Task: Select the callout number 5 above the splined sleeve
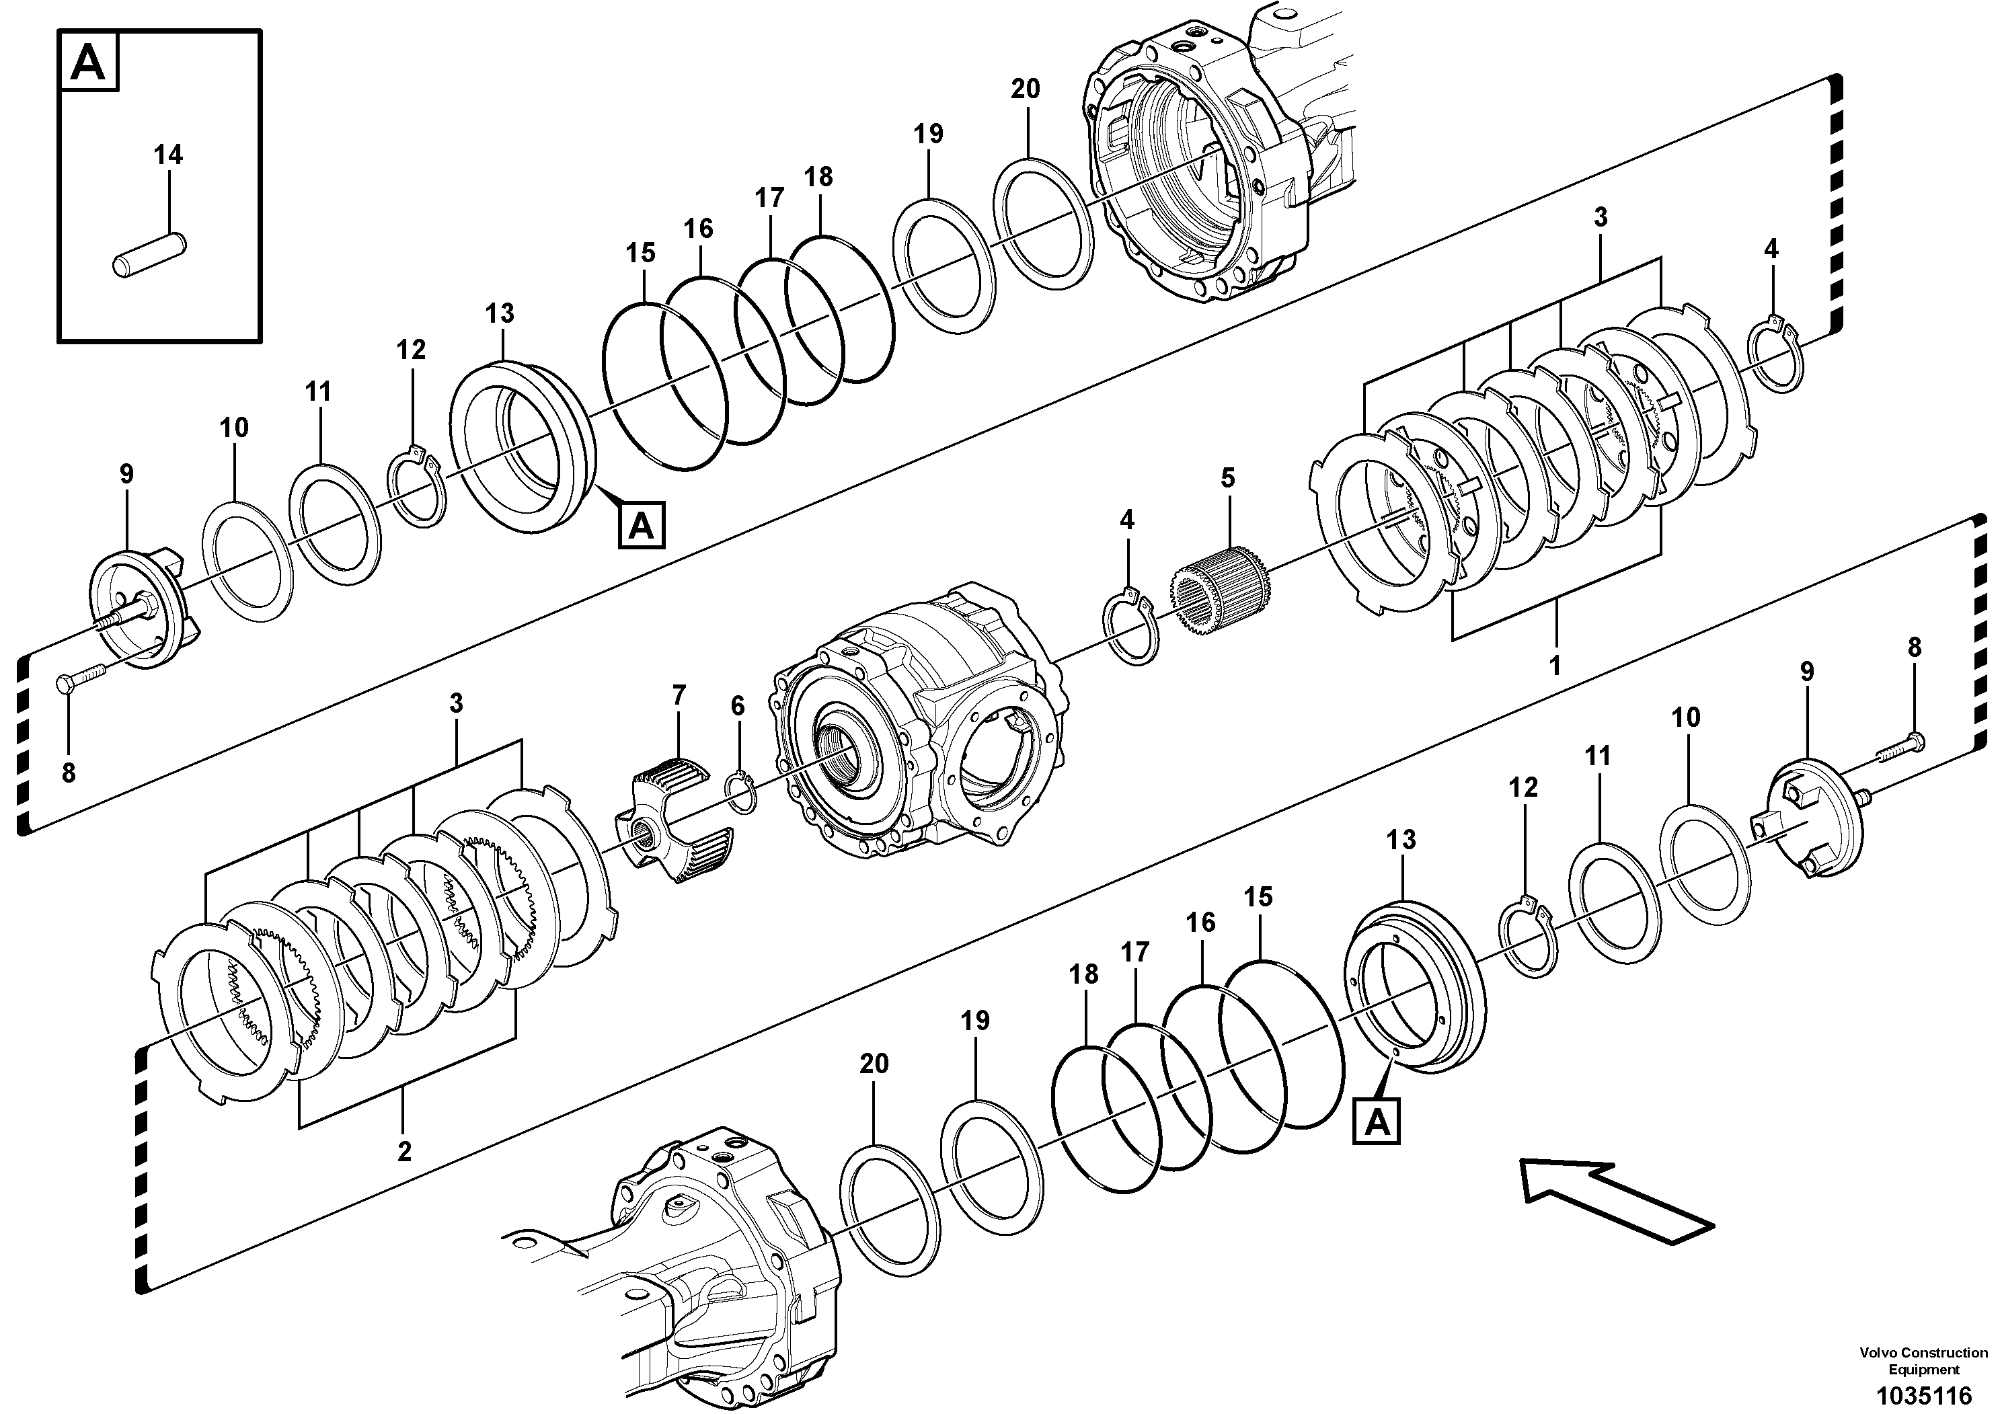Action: click(x=1228, y=478)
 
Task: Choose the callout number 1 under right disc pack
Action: click(x=1554, y=665)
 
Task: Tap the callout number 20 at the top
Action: click(x=1026, y=89)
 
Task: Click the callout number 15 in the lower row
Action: click(x=1258, y=896)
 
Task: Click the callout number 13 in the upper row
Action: click(x=500, y=312)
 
